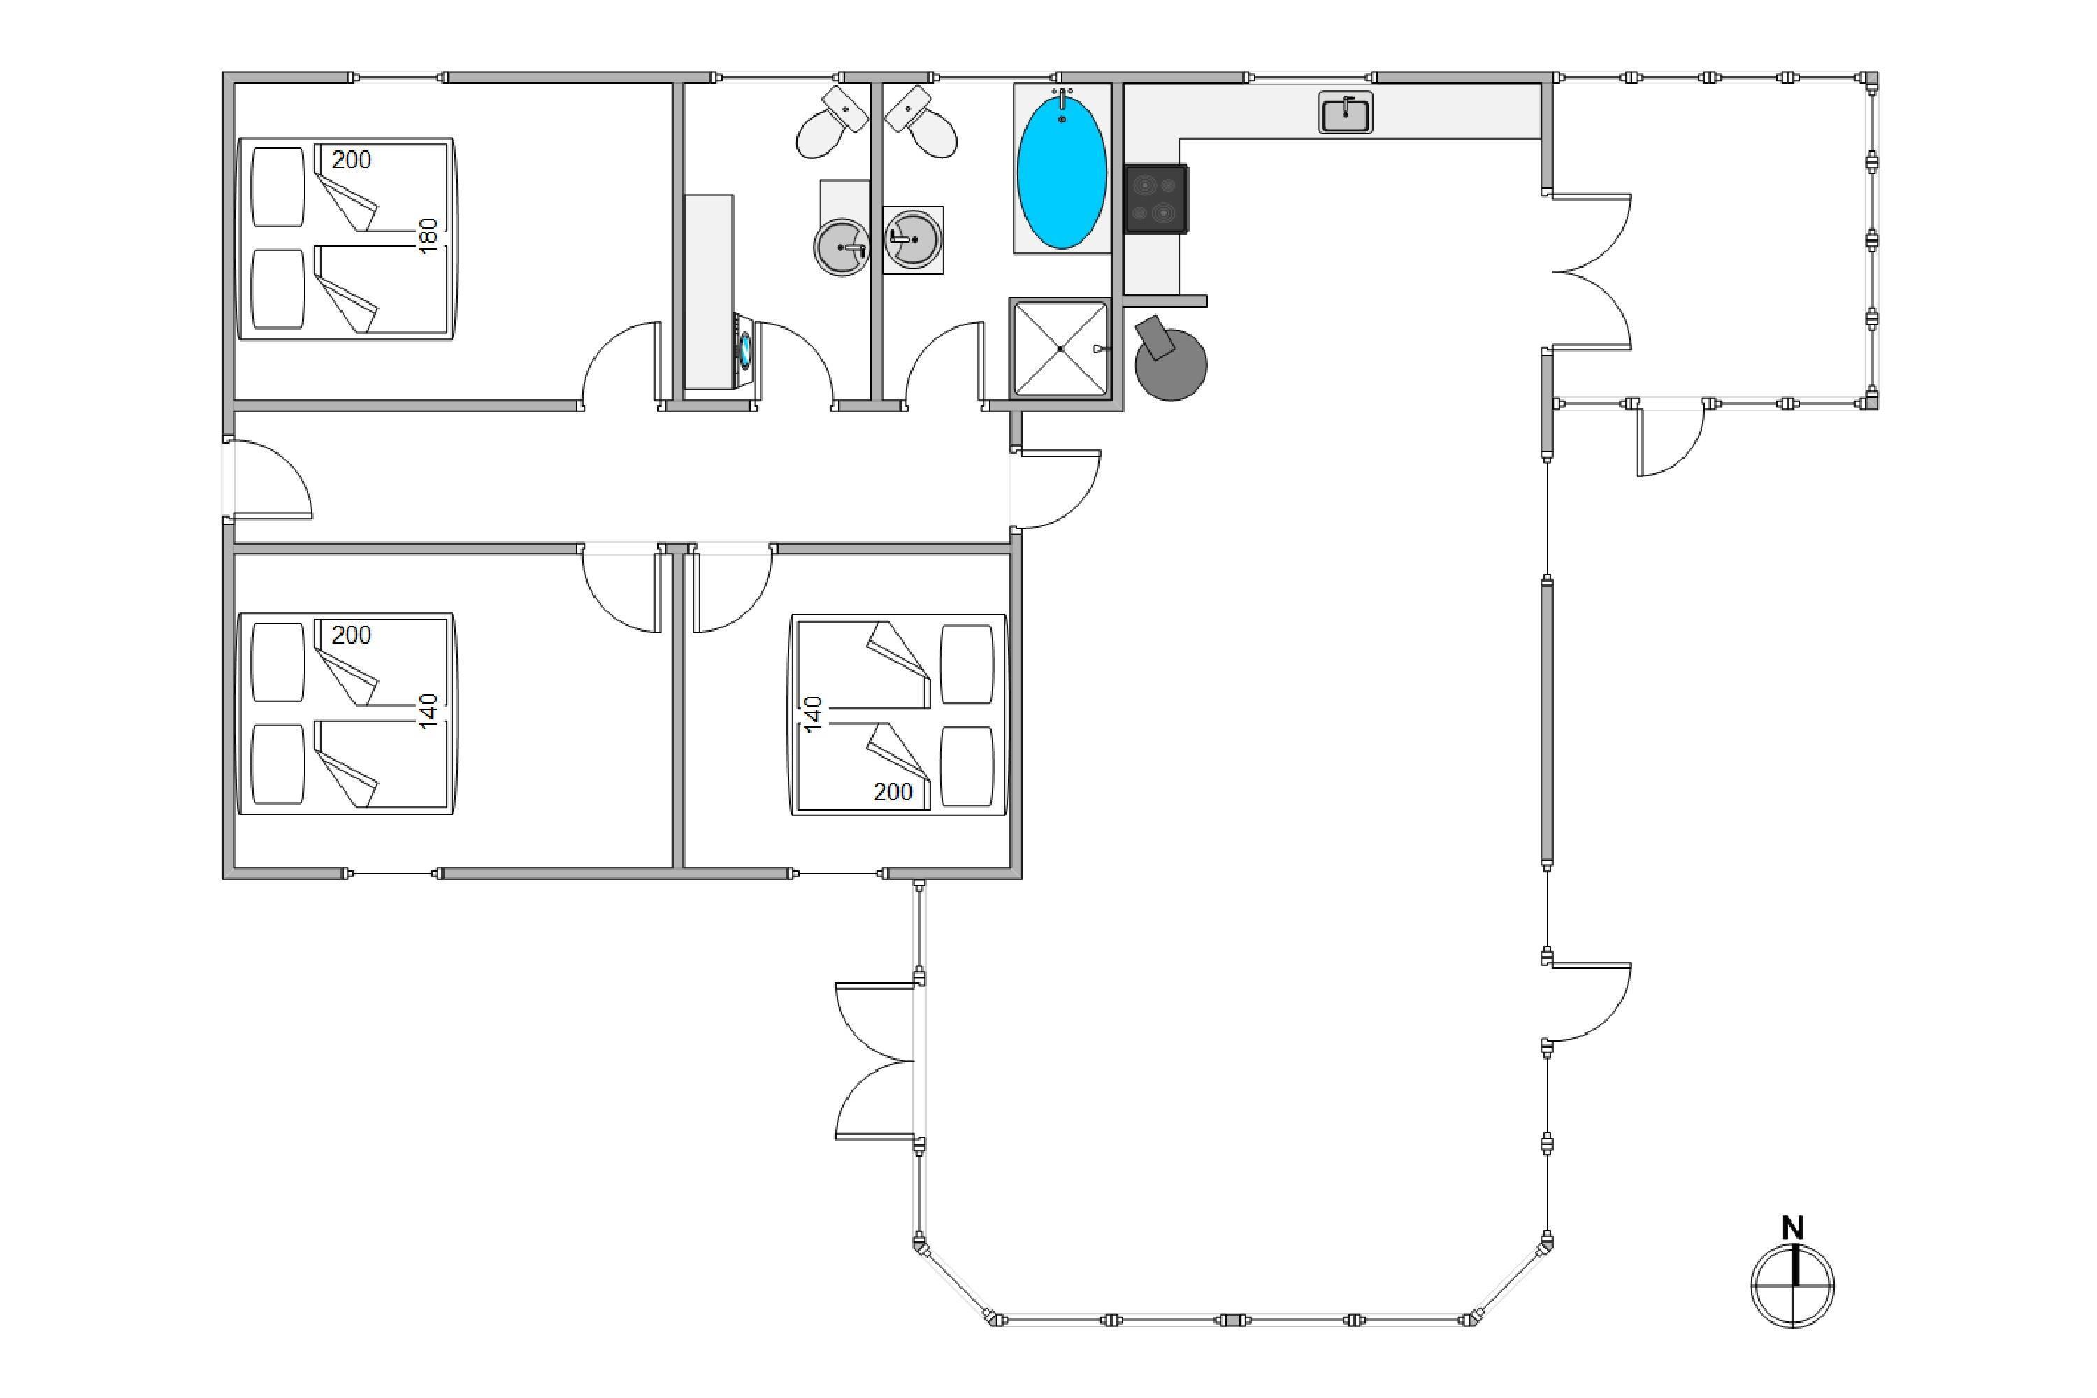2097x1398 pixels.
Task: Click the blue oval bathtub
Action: [1061, 171]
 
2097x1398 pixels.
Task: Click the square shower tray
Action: [1060, 347]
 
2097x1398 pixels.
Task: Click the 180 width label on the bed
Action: [429, 236]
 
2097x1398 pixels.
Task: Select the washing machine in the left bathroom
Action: [744, 349]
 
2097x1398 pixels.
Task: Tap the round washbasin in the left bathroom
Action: [841, 246]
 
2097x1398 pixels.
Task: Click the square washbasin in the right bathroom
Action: [913, 239]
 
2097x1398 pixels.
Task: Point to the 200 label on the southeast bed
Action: [893, 792]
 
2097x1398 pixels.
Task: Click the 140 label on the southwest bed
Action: [429, 712]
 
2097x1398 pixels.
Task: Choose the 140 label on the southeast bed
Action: [812, 715]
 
